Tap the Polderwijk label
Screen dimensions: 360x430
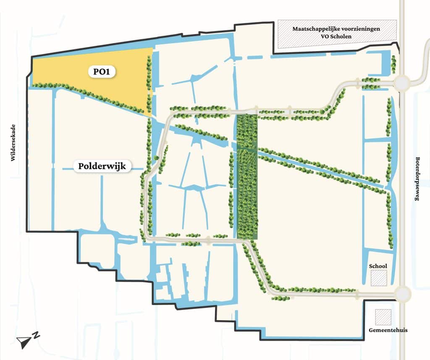[x=102, y=166]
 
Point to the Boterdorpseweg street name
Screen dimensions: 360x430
[x=417, y=179]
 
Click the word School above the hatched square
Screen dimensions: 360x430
[x=378, y=266]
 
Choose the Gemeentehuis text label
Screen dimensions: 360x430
[x=388, y=330]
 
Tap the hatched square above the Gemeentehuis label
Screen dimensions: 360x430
[x=383, y=317]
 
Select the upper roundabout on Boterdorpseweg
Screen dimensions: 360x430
[x=402, y=83]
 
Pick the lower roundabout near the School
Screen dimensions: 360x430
[x=402, y=293]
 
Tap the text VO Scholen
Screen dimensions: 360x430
[x=337, y=37]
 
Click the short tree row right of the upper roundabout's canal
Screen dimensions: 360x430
[x=393, y=64]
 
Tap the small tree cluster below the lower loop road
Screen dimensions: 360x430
[x=281, y=298]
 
